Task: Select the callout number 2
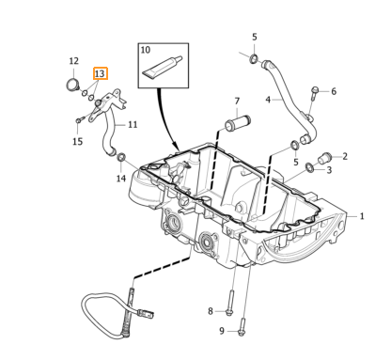pos(345,156)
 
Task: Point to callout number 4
pos(268,99)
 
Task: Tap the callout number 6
pos(333,91)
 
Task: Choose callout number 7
pos(237,101)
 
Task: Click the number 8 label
pos(211,311)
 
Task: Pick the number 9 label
pos(222,331)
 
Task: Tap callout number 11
pos(133,124)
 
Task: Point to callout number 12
pos(74,61)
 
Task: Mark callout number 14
pos(120,178)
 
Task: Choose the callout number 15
pos(78,141)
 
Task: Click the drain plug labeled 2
pos(327,156)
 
